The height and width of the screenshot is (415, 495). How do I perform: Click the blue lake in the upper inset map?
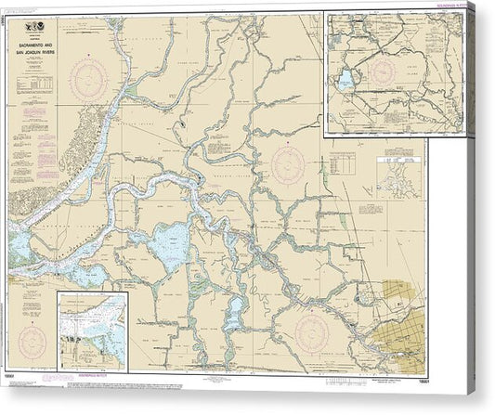click(x=345, y=80)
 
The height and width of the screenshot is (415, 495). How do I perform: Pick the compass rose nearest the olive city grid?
click(x=313, y=329)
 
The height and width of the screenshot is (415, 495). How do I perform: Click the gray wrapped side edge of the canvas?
click(x=483, y=204)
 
